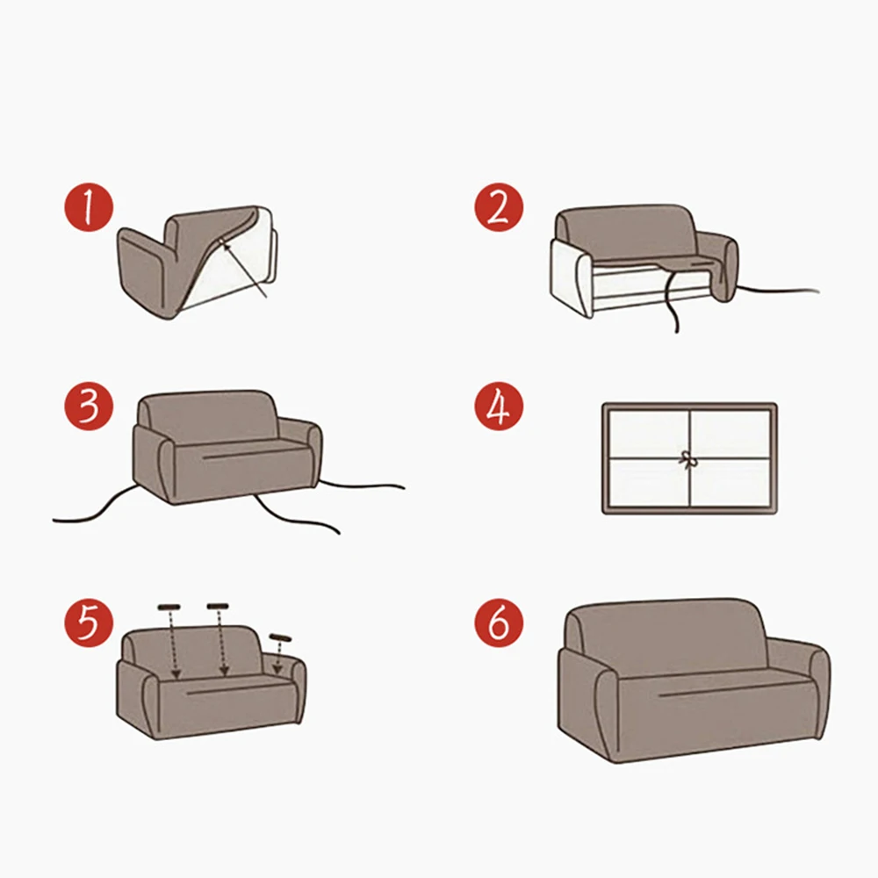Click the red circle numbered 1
[x=89, y=206]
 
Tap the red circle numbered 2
[x=499, y=206]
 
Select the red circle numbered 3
[x=89, y=406]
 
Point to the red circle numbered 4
[x=499, y=406]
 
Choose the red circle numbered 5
[x=89, y=623]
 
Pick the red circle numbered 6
[x=499, y=623]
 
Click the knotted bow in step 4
[x=688, y=459]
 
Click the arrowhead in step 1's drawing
[x=224, y=242]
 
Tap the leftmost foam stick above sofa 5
[x=169, y=607]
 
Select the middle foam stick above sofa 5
[x=217, y=606]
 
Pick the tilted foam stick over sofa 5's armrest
[x=280, y=637]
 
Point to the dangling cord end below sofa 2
[x=676, y=329]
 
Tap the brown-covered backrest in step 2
[x=627, y=233]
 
